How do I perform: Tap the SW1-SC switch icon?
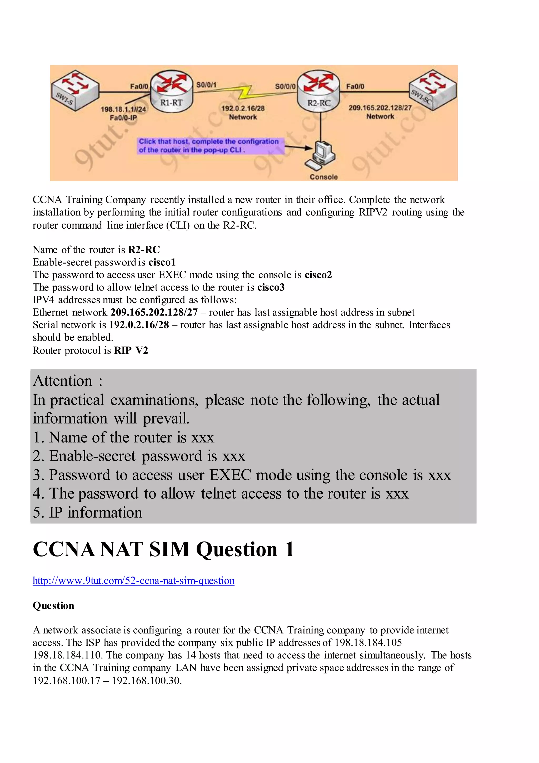[432, 89]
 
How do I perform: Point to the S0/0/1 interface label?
[206, 85]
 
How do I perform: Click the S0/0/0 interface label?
[285, 86]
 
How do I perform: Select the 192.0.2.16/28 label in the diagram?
[243, 108]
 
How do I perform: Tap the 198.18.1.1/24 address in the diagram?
[123, 109]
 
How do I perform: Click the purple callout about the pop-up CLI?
[210, 146]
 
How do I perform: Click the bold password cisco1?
[162, 262]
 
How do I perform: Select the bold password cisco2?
[318, 275]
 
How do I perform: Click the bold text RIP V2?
[131, 350]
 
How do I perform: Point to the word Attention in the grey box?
[63, 381]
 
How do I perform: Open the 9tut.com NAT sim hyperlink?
[133, 580]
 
